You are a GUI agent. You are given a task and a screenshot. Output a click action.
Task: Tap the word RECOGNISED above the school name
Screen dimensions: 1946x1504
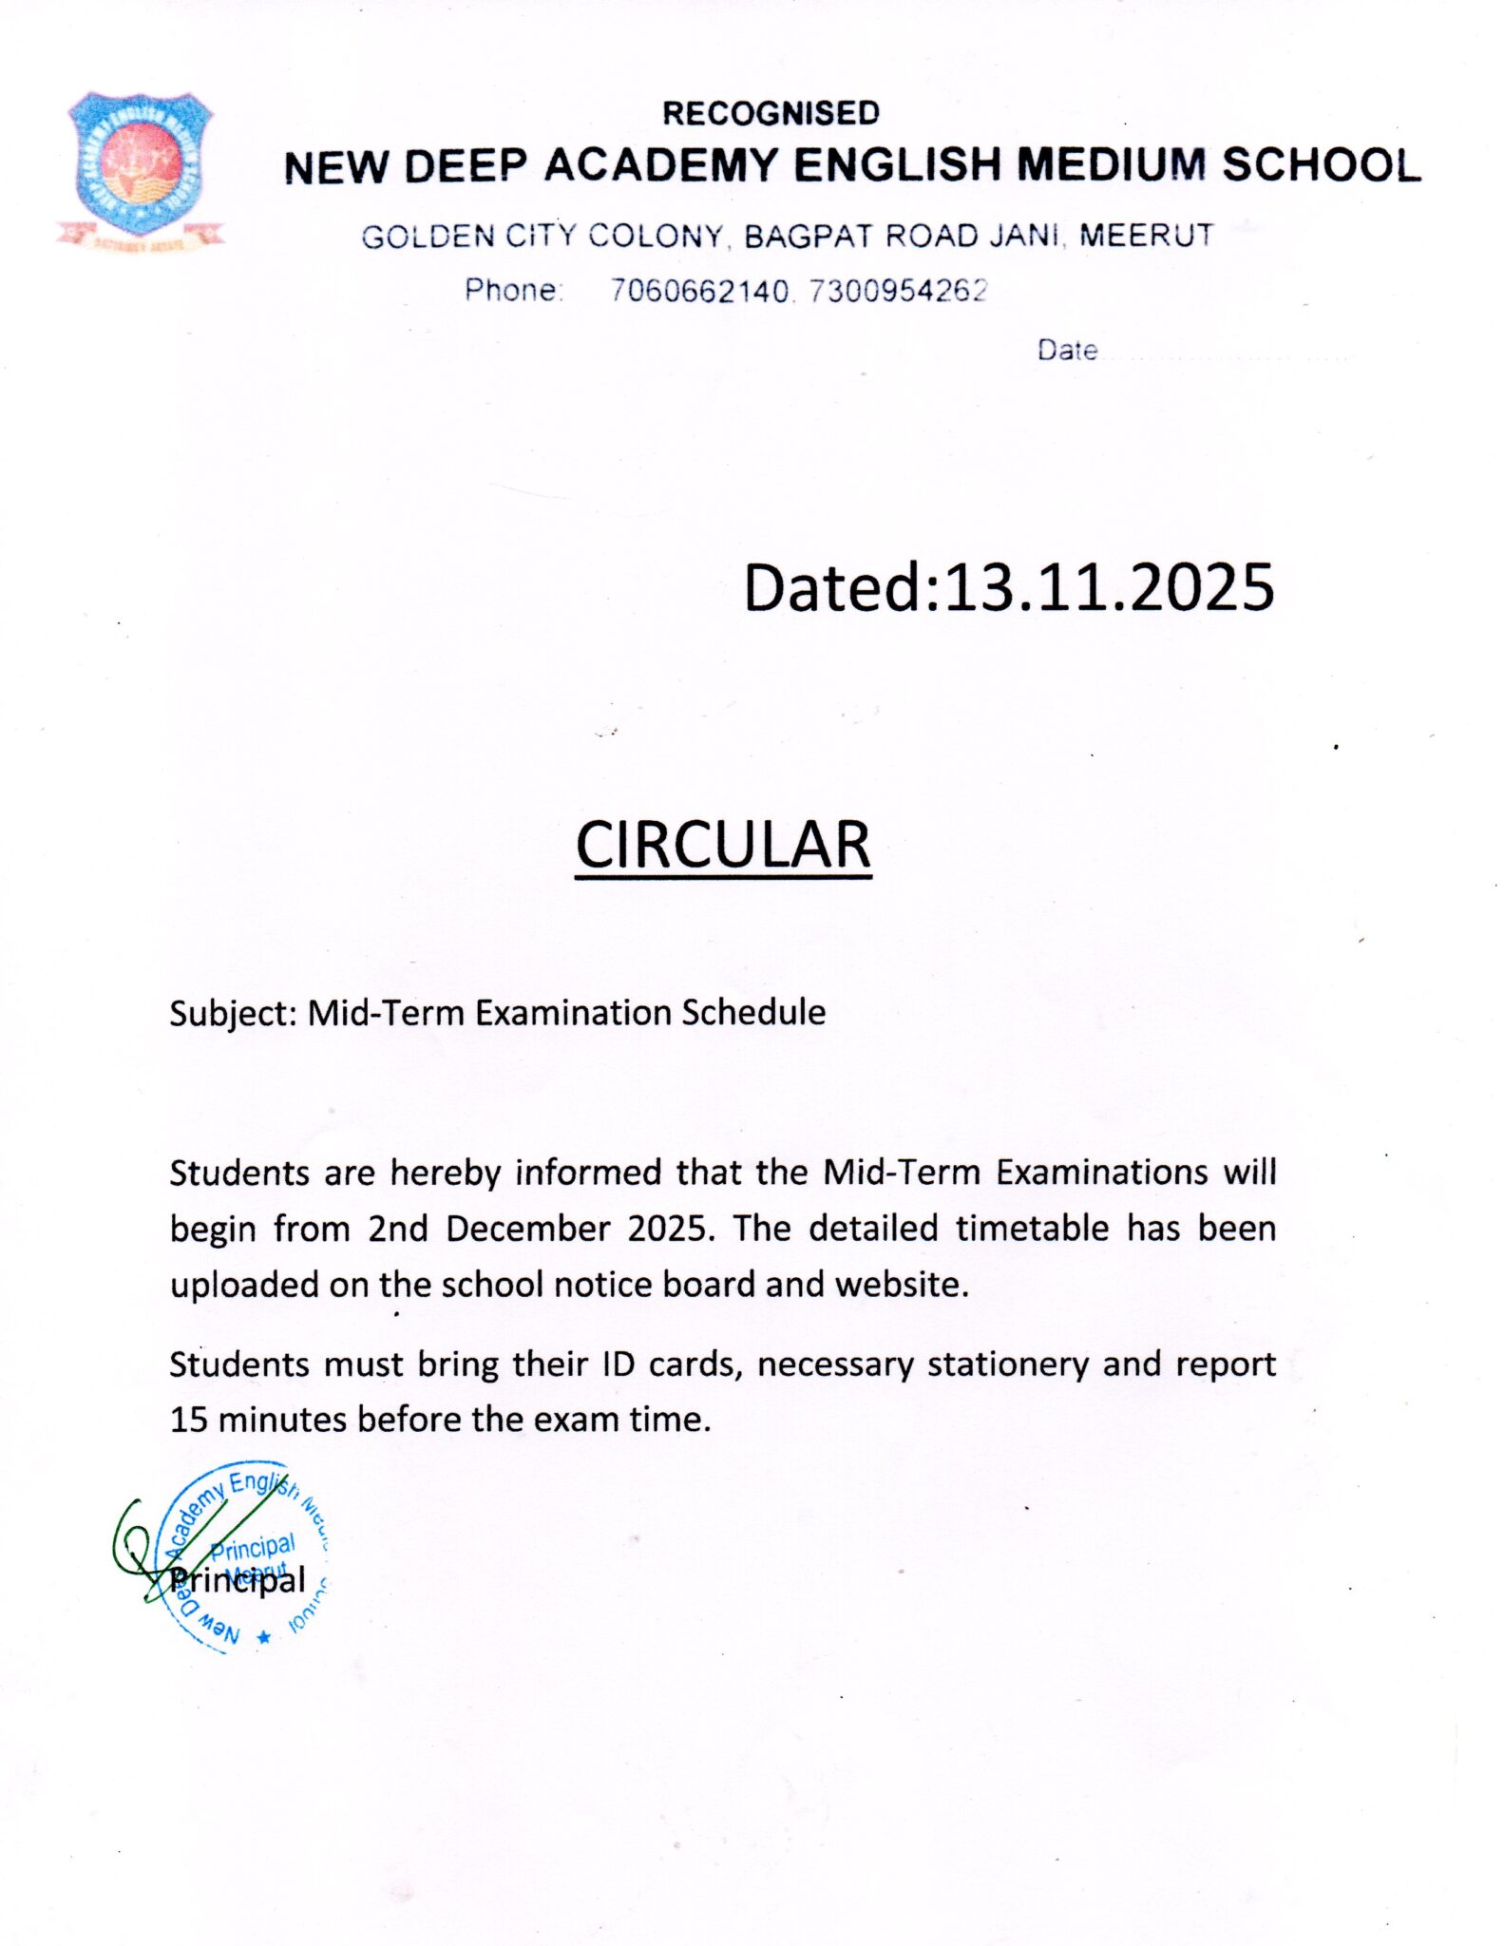click(x=771, y=113)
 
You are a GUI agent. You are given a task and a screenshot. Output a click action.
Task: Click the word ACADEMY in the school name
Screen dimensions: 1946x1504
click(x=660, y=165)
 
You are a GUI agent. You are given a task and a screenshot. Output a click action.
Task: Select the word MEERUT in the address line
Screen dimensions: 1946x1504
click(x=1146, y=235)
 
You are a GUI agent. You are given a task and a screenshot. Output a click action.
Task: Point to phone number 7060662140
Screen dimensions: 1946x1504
click(x=698, y=290)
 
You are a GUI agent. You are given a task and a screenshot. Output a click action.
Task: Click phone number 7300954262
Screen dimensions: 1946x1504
click(x=898, y=290)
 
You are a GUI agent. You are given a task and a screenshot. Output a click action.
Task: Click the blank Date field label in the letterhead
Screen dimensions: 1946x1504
click(x=1067, y=351)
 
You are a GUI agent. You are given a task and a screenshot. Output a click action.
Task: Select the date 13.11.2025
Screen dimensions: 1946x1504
click(x=1108, y=587)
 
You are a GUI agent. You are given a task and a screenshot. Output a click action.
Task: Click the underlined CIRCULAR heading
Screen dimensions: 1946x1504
click(x=723, y=845)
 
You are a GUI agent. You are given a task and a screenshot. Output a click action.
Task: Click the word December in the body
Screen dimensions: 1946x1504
click(x=527, y=1229)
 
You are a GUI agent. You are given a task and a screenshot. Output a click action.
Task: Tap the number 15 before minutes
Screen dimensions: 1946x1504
click(x=188, y=1420)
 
